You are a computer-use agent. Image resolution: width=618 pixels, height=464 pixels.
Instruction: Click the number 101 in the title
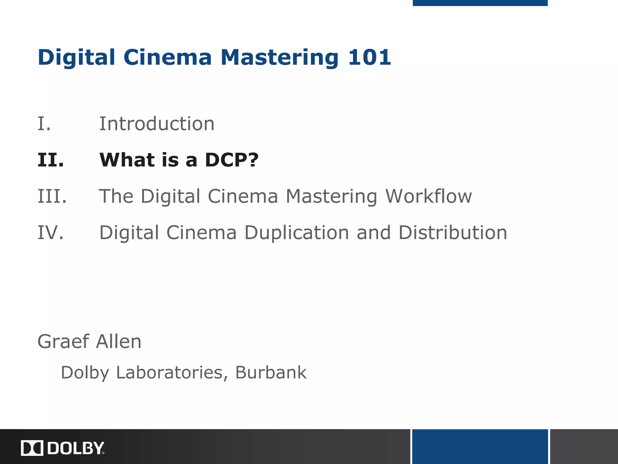(369, 57)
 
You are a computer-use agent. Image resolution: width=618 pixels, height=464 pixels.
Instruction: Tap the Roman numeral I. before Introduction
(44, 124)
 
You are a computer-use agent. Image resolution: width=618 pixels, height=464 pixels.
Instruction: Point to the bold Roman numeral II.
(51, 160)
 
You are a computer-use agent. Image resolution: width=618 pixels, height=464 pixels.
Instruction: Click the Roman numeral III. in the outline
(52, 196)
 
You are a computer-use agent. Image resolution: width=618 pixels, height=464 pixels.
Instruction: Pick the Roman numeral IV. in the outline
(51, 233)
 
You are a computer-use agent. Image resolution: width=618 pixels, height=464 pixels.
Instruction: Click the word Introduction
(157, 124)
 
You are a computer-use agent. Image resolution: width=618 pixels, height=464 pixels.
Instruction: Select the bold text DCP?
(231, 160)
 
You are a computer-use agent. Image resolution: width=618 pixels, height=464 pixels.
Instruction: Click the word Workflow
(428, 196)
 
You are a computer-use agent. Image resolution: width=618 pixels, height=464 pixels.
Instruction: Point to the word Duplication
(296, 233)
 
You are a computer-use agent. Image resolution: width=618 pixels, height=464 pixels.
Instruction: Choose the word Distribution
(453, 233)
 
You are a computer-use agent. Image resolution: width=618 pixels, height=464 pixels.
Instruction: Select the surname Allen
(118, 342)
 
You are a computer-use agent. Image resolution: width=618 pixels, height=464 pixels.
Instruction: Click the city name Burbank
(271, 372)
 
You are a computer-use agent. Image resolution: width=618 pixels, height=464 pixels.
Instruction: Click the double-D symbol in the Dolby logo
(32, 448)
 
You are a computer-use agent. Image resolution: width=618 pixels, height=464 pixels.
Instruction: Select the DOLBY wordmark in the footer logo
(76, 448)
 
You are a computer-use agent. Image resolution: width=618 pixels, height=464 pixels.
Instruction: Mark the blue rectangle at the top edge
(480, 3)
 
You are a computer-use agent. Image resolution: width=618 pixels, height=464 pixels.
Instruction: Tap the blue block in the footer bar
(480, 446)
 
